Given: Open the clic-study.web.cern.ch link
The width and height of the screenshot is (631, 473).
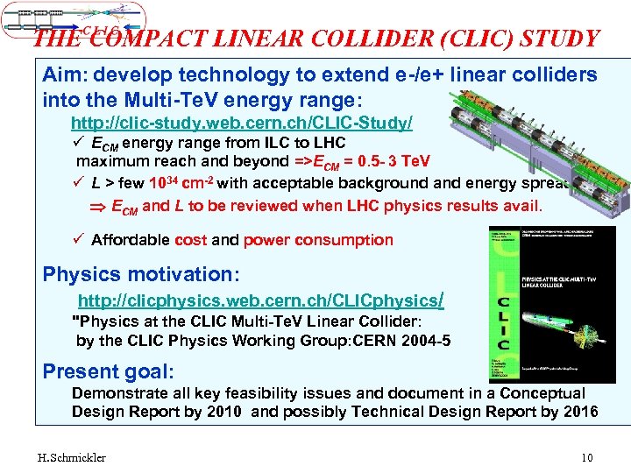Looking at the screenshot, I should point(242,123).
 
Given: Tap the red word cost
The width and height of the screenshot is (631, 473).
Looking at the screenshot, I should point(190,240).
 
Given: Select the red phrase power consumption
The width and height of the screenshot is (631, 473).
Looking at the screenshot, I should point(318,240).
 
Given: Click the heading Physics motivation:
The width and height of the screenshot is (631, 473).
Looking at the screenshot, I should point(141,274).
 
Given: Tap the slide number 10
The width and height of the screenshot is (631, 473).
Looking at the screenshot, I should point(586,457).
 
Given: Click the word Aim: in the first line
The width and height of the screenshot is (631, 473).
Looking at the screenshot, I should point(65,75).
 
